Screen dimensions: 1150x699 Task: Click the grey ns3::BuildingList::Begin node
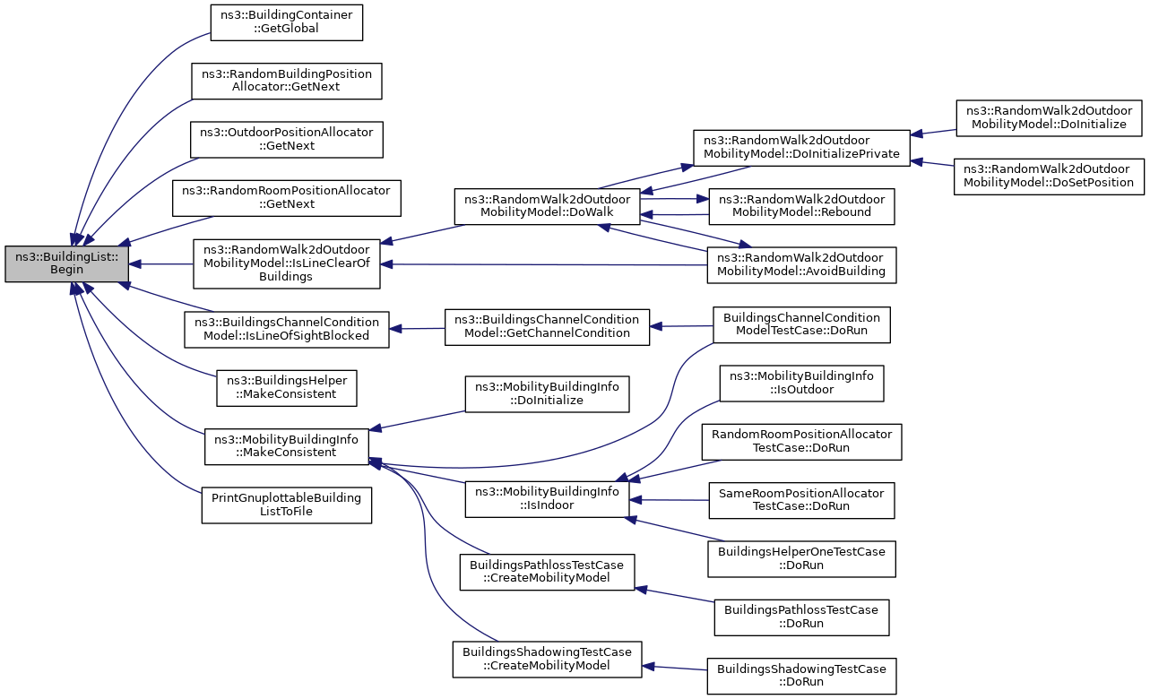[66, 263]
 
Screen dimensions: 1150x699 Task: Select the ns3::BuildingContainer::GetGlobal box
[287, 22]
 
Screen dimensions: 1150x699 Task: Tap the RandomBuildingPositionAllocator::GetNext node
[287, 81]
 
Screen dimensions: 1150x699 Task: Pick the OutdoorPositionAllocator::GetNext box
[287, 140]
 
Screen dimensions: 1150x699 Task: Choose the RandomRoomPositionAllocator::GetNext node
[287, 197]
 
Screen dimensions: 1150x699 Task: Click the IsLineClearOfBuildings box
[287, 263]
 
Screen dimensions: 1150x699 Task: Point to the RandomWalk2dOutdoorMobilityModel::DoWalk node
[547, 206]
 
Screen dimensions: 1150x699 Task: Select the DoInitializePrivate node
[801, 148]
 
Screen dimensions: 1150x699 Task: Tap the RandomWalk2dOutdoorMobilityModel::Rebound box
[801, 206]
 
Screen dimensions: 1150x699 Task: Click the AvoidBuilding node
[801, 265]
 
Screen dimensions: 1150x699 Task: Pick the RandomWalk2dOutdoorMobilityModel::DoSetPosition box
[1049, 177]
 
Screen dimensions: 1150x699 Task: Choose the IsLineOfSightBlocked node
[287, 330]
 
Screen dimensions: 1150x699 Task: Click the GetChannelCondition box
[547, 327]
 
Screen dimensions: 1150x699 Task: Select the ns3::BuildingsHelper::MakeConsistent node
[287, 388]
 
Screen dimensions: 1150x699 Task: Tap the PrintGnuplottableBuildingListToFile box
[287, 505]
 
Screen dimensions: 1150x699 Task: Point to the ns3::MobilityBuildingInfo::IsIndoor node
[547, 499]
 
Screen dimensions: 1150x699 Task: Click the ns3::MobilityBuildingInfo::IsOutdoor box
[801, 384]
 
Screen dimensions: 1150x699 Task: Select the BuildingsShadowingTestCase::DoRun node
[801, 676]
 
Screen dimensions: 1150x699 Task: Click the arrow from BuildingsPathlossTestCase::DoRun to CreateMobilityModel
[675, 595]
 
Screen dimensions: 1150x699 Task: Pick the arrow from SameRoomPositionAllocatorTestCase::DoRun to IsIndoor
[669, 500]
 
